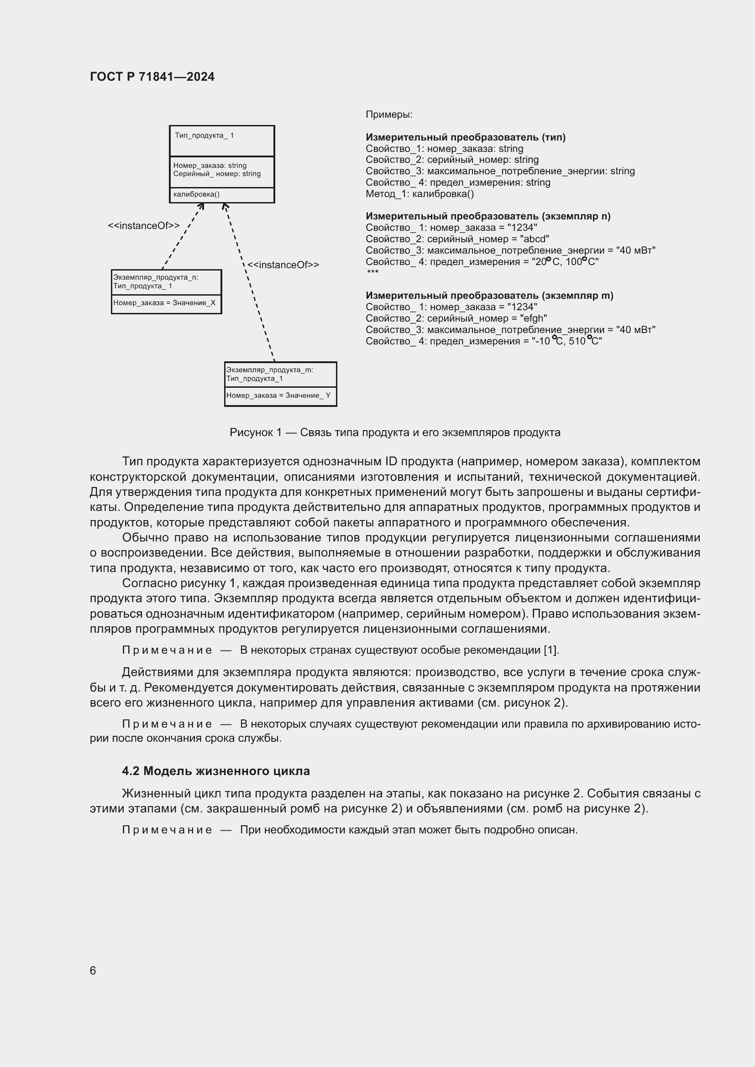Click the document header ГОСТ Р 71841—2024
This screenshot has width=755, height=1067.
[x=152, y=77]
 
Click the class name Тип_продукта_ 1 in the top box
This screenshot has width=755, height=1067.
[x=204, y=135]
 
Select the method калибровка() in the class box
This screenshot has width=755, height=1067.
[x=196, y=194]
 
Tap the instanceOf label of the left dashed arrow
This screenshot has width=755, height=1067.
[x=144, y=226]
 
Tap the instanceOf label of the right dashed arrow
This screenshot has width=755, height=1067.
[x=283, y=265]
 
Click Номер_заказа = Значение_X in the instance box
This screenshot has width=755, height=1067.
[x=164, y=303]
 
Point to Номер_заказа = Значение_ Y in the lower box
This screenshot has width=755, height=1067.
[x=278, y=396]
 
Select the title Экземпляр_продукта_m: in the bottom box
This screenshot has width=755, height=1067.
[x=270, y=370]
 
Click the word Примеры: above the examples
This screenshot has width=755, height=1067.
[x=388, y=115]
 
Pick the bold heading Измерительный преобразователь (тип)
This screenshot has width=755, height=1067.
[x=465, y=137]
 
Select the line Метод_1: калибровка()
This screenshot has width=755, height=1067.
[x=419, y=194]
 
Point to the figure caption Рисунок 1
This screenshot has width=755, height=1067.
[x=395, y=432]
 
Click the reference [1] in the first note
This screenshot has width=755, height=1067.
[x=551, y=650]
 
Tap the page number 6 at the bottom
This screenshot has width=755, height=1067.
[x=93, y=970]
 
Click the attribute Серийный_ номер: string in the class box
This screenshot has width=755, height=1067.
[x=217, y=174]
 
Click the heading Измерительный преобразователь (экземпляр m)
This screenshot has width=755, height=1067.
[x=489, y=296]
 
